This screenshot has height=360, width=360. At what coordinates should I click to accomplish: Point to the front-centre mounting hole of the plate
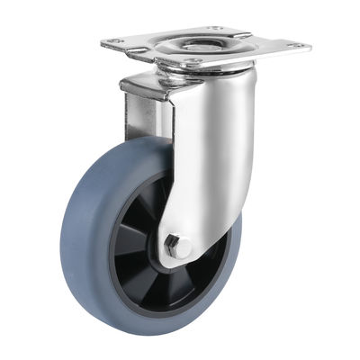pyautogui.click(x=191, y=61)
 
